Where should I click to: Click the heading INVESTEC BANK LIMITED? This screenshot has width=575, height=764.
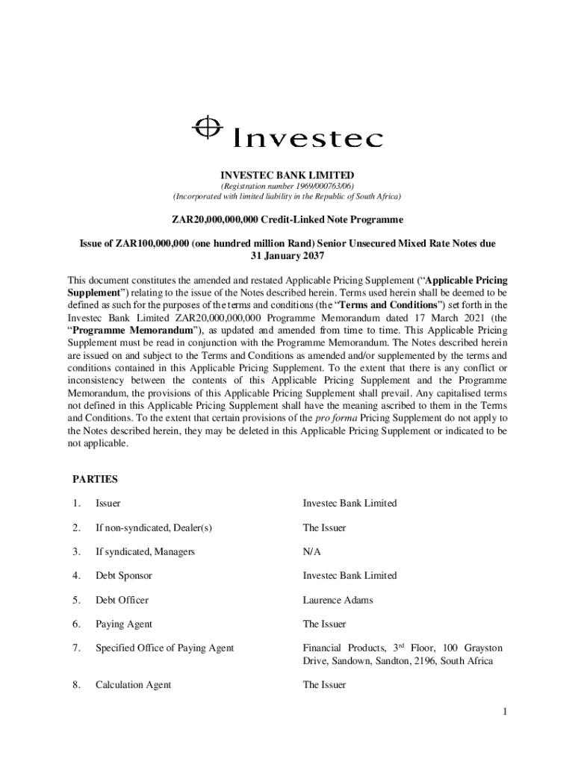coord(287,175)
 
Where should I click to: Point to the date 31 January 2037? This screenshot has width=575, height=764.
coord(287,256)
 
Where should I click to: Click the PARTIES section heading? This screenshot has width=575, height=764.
coord(96,479)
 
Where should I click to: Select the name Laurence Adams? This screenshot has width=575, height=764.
coord(338,600)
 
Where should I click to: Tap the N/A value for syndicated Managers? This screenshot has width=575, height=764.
coord(311,551)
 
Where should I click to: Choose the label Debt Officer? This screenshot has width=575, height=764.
coord(122,600)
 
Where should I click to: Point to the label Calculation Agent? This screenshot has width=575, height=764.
coord(133,685)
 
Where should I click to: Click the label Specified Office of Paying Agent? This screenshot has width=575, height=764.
coord(164,648)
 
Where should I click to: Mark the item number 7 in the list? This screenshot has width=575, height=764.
coord(76,648)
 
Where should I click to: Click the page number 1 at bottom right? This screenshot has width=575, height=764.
coord(505,712)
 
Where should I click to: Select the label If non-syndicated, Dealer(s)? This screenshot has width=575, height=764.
coord(154,527)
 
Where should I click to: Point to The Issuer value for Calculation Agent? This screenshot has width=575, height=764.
coord(324,685)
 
